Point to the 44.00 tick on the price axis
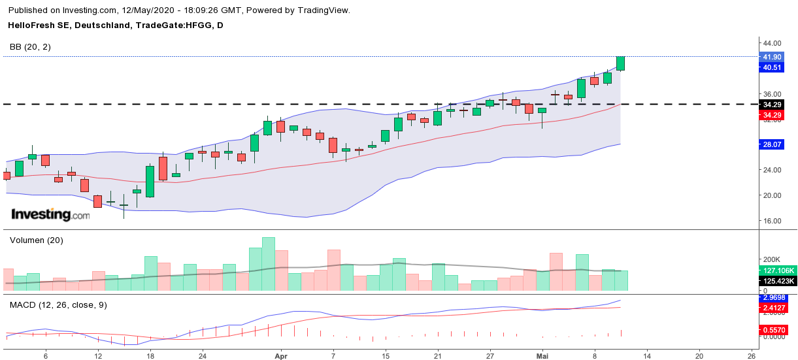pyautogui.click(x=772, y=43)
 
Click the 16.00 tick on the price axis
pyautogui.click(x=772, y=221)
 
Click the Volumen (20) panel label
pyautogui.click(x=36, y=240)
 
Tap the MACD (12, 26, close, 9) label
pyautogui.click(x=58, y=305)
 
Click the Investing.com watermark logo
pyautogui.click(x=50, y=214)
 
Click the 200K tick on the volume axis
pyautogui.click(x=769, y=259)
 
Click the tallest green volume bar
pyautogui.click(x=268, y=265)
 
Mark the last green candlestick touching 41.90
pyautogui.click(x=621, y=63)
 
